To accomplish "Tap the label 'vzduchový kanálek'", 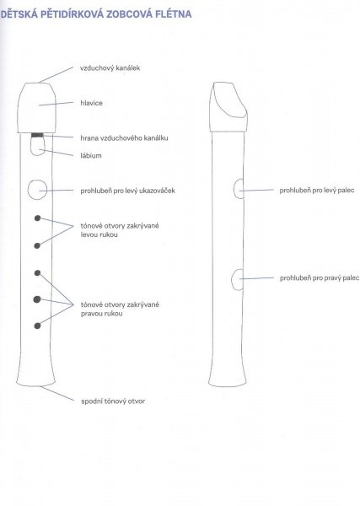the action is click(x=110, y=68).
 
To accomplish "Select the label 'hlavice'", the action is click(x=92, y=103).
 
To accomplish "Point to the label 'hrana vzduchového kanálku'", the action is click(x=124, y=138).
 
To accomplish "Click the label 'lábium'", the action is click(x=91, y=155).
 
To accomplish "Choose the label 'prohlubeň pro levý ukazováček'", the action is click(x=128, y=191).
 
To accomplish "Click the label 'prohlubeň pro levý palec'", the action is click(x=317, y=191).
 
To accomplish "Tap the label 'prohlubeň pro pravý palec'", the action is click(x=320, y=277).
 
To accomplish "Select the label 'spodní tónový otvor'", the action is click(x=113, y=401).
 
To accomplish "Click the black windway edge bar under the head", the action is click(x=37, y=135).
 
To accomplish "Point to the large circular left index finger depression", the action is click(x=37, y=190).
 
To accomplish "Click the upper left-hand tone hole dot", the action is click(x=37, y=218).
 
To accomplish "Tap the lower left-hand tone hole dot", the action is click(x=37, y=246).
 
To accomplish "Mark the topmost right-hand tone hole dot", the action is click(x=37, y=273).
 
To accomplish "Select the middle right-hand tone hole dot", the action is click(x=37, y=299).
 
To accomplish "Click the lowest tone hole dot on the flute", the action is click(x=37, y=326).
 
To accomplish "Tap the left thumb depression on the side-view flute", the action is click(x=239, y=189).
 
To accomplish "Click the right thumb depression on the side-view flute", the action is click(x=238, y=279).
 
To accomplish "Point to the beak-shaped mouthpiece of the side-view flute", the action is click(x=228, y=107).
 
